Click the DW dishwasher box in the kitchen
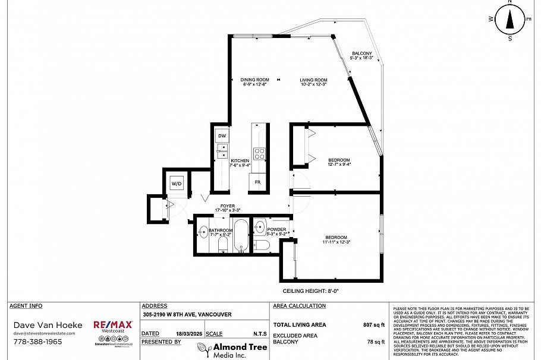coord(222,136)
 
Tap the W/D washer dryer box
coord(177,184)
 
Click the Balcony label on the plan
coord(361,53)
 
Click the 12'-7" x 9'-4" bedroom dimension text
coord(339,165)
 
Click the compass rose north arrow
coord(509,20)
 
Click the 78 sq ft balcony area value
coord(375,342)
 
